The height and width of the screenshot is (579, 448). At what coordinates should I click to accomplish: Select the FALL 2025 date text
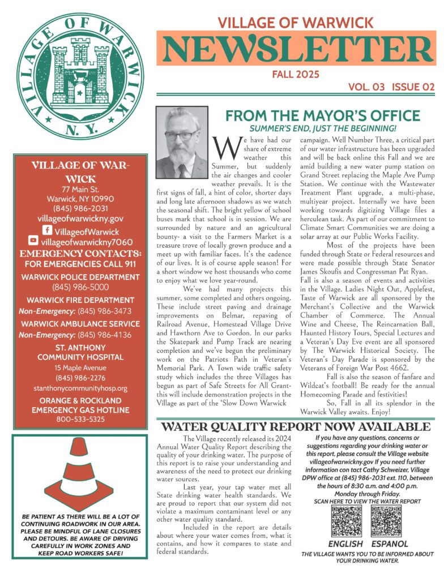pos(295,75)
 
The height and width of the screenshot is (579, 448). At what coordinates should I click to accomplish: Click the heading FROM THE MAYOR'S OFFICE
pos(322,116)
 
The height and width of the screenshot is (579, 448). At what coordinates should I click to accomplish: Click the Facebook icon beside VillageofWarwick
pos(48,231)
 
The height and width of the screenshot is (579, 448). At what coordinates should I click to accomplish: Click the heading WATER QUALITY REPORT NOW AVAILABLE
pos(296,426)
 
